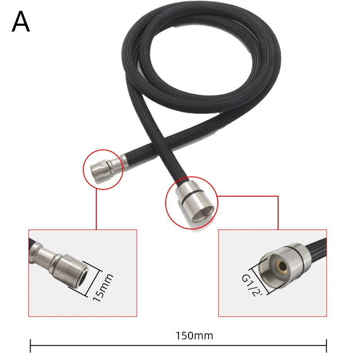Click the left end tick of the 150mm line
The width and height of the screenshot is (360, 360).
[31, 346]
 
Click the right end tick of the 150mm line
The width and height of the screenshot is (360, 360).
[326, 346]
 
